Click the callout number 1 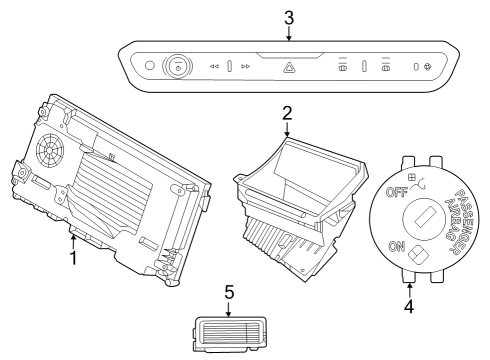[73, 259]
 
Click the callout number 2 [286, 113]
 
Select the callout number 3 [288, 18]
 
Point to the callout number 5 [228, 292]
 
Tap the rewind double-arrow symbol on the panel [213, 67]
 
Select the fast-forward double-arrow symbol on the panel [246, 67]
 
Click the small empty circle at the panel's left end [151, 66]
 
